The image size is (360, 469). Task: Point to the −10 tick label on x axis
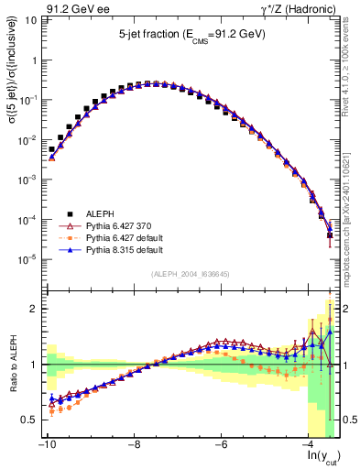point(44,445)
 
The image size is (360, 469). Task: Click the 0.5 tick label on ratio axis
point(29,420)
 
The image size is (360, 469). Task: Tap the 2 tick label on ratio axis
point(35,309)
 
